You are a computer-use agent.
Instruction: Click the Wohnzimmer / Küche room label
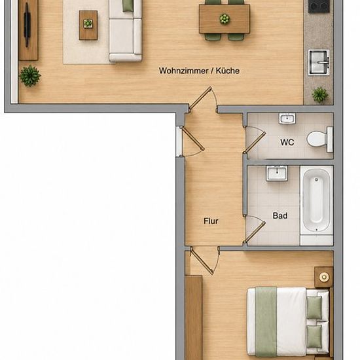(x=199, y=71)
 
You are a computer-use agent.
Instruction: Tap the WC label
(x=287, y=142)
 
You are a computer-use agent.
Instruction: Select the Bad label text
(x=280, y=215)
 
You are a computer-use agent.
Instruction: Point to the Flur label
(x=211, y=221)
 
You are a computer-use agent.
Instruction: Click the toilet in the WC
(x=319, y=139)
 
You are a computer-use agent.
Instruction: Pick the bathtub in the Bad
(x=316, y=200)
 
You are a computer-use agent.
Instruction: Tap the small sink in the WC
(x=287, y=118)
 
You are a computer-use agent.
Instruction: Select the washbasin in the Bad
(x=277, y=173)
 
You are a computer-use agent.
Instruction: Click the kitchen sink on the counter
(x=319, y=62)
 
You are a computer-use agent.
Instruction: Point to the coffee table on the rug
(x=88, y=26)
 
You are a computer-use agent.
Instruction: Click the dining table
(x=225, y=19)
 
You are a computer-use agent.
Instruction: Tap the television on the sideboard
(x=27, y=25)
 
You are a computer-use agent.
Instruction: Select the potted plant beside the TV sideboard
(x=29, y=76)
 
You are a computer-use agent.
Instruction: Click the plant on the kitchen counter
(x=320, y=94)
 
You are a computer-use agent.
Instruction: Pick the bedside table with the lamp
(x=323, y=277)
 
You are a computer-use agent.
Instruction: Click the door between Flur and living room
(x=202, y=98)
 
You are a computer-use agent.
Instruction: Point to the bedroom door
(x=204, y=261)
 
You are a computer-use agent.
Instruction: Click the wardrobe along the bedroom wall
(x=194, y=317)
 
